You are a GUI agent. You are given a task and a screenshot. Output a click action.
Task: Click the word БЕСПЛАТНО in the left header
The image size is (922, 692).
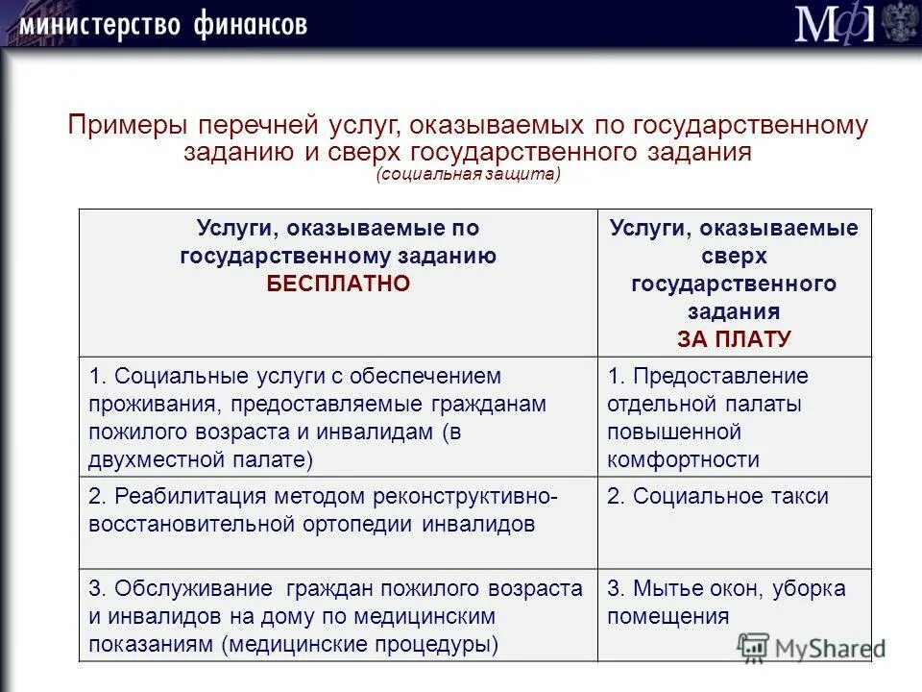(338, 284)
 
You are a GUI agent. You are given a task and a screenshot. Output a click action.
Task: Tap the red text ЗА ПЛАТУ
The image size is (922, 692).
(734, 338)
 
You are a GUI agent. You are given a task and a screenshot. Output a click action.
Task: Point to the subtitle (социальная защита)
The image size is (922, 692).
(468, 174)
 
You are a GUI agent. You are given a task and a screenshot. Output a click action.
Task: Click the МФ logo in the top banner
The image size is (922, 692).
(834, 24)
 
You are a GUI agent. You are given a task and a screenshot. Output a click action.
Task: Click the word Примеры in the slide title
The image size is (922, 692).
(129, 126)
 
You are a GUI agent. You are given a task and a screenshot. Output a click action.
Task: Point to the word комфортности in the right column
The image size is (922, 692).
(683, 459)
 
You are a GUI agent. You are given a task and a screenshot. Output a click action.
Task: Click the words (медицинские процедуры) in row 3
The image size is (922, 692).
(360, 644)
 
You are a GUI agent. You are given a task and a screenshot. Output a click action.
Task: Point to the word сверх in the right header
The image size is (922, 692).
(734, 257)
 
